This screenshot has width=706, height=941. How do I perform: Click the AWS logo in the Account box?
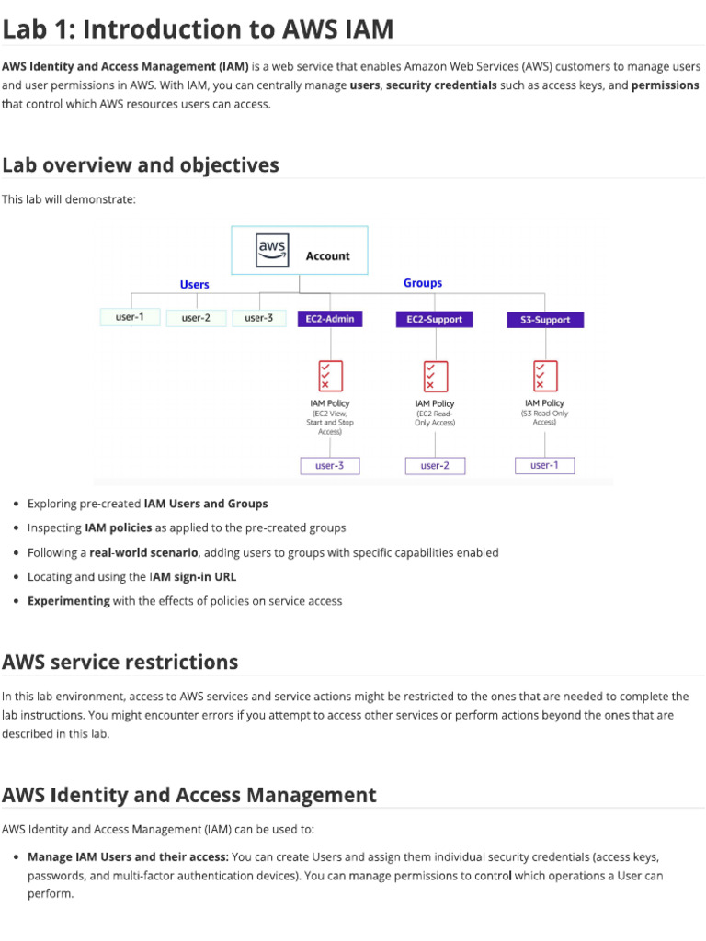pyautogui.click(x=272, y=249)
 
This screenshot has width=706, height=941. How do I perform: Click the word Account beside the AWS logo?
pyautogui.click(x=327, y=256)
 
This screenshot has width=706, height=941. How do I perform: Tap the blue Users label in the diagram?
pyautogui.click(x=194, y=285)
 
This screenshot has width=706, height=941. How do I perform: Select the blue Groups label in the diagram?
pyautogui.click(x=423, y=283)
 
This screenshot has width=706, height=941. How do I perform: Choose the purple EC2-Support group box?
pyautogui.click(x=435, y=319)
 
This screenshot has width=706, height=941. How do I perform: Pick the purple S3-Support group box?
pyautogui.click(x=544, y=320)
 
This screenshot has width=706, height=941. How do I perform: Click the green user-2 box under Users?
pyautogui.click(x=196, y=318)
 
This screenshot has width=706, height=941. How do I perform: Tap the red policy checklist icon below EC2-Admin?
pyautogui.click(x=329, y=375)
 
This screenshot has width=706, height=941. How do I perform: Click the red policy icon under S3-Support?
pyautogui.click(x=545, y=375)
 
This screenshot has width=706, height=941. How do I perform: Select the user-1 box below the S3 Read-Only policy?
pyautogui.click(x=544, y=465)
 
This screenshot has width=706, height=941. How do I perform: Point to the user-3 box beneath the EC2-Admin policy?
pyautogui.click(x=329, y=466)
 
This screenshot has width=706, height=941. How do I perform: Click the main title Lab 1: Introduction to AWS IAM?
pyautogui.click(x=198, y=29)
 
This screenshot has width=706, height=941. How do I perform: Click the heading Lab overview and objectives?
pyautogui.click(x=141, y=165)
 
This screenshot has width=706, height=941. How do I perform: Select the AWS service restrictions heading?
pyautogui.click(x=120, y=662)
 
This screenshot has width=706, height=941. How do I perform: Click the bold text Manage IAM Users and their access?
pyautogui.click(x=128, y=856)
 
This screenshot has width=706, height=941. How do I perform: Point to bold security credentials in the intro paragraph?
pyautogui.click(x=441, y=85)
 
